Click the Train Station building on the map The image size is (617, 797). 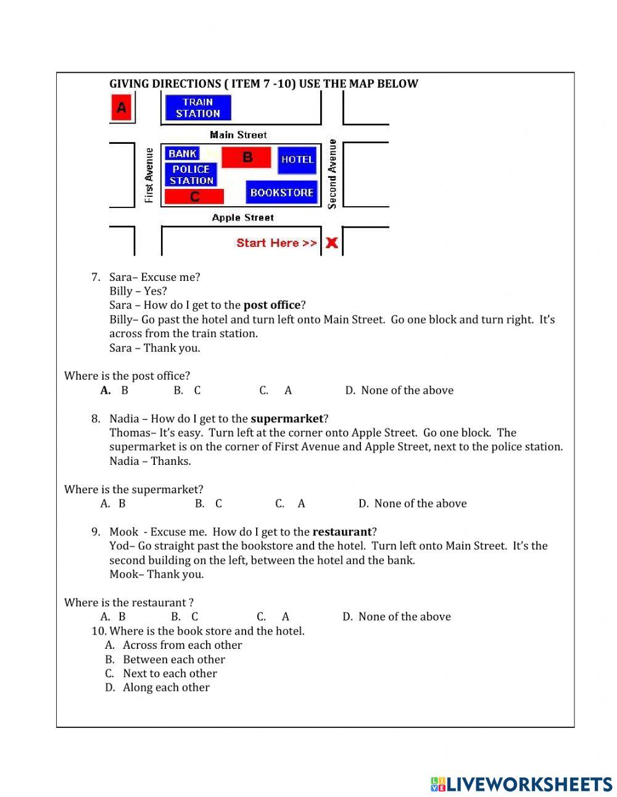coord(198,108)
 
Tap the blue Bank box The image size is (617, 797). coord(183,153)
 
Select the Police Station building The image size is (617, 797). coord(191,175)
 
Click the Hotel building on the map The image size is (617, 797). coord(297,160)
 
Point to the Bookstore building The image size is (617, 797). coord(282,193)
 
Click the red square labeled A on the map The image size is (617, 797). coord(122,108)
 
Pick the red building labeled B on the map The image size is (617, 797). coord(246,157)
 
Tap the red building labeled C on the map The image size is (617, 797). coord(194,197)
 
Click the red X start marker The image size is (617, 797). coord(332,243)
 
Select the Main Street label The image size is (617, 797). coord(238,135)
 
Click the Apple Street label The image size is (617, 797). coord(242,217)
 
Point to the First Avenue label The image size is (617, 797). coord(149,175)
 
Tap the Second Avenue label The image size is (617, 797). coord(333,174)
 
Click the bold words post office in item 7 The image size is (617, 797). coord(271,305)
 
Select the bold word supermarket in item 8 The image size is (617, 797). coord(287,419)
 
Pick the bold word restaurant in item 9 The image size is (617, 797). coord(342,532)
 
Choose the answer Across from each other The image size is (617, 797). coord(182,645)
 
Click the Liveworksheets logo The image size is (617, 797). coord(521,784)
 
